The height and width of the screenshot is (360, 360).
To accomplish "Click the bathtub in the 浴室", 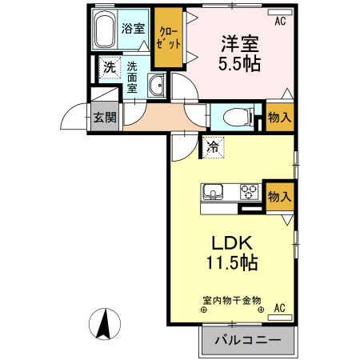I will [105, 33].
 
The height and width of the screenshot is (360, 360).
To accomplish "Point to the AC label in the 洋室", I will [280, 22].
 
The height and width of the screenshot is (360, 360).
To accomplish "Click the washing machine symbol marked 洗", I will [109, 68].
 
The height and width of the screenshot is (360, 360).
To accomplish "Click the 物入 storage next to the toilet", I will [279, 117].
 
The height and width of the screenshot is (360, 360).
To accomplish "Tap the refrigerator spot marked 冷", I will [212, 146].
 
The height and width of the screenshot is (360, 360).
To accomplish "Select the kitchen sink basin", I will [214, 192].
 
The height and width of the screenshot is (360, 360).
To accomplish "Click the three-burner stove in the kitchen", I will [248, 192].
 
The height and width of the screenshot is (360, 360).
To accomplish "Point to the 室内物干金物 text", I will [231, 300].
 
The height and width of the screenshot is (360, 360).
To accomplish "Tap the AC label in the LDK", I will [279, 308].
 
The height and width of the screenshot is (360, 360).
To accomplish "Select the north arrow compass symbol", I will [103, 323].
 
